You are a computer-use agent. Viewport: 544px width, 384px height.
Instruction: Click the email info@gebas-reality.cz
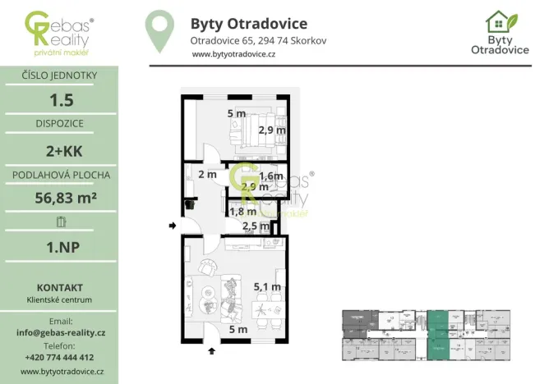(60, 332)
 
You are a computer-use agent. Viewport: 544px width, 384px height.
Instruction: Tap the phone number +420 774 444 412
(60, 357)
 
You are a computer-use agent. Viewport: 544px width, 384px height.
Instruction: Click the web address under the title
(233, 54)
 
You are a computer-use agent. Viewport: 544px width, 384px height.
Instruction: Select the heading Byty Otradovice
(248, 23)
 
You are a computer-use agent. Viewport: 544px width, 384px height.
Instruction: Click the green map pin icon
(159, 31)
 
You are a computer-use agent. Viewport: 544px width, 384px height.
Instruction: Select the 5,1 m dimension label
(268, 287)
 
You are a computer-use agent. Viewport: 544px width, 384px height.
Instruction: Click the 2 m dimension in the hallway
(207, 174)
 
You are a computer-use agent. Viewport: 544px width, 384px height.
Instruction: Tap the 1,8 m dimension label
(242, 212)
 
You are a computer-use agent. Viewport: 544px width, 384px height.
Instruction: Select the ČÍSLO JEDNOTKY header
(59, 76)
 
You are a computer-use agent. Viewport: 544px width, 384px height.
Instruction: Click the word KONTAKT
(59, 287)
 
